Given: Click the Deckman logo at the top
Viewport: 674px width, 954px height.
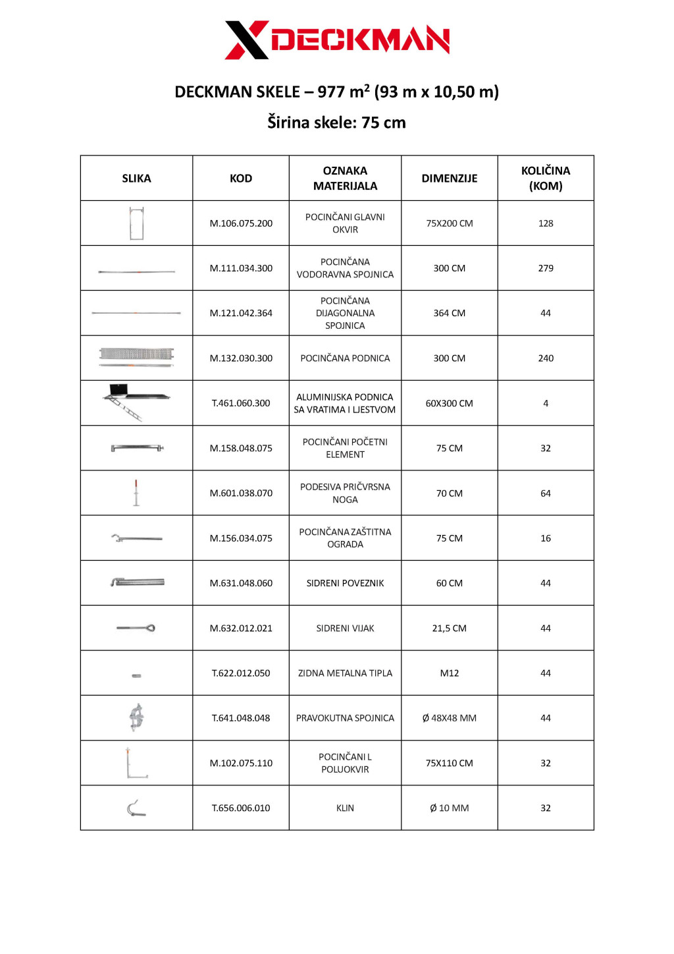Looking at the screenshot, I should (337, 40).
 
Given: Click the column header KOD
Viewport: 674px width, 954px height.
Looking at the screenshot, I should (241, 179).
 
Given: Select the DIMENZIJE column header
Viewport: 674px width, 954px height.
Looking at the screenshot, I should (449, 179).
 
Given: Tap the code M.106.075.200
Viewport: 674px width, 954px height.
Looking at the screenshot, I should (241, 223).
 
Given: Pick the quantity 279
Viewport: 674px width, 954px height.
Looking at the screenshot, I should (546, 268).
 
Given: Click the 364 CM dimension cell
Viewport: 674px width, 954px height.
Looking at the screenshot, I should (449, 313).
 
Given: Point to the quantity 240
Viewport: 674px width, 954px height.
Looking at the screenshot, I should (546, 358).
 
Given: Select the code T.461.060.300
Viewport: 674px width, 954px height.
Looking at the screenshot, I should (241, 403).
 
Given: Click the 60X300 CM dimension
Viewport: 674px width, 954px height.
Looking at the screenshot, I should (449, 403).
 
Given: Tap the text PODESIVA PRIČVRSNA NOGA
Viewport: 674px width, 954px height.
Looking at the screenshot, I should (345, 493).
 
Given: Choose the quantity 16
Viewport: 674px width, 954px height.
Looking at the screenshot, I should (546, 538).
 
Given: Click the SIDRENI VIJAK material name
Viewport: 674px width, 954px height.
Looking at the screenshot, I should (345, 629).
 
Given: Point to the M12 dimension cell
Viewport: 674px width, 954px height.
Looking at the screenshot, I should (449, 673).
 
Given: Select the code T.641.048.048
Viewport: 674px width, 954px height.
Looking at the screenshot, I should (241, 718).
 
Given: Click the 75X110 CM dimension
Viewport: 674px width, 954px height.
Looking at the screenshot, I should (449, 763).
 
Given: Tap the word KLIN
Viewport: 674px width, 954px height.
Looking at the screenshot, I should (345, 808).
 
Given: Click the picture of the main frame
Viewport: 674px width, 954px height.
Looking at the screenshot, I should (136, 223).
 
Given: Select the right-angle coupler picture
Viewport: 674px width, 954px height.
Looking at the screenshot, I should (136, 717).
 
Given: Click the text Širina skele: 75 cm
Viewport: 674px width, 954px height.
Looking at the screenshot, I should (336, 123).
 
